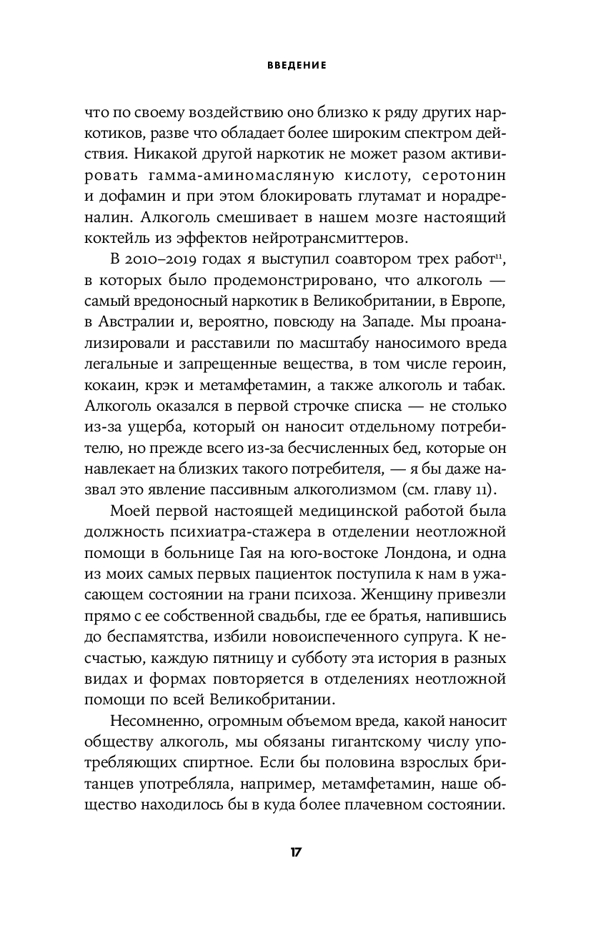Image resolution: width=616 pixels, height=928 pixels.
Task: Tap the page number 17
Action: [x=296, y=852]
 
